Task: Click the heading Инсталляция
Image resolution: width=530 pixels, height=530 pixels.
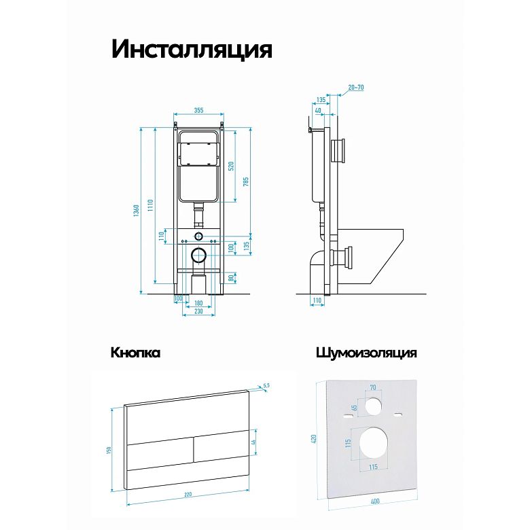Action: point(192,50)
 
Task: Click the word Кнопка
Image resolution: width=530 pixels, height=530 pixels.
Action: point(135,353)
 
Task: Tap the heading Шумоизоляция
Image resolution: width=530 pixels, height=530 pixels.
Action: point(366,353)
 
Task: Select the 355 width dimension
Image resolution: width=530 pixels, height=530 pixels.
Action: point(198,110)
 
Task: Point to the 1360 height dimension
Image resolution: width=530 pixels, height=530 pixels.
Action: point(136,211)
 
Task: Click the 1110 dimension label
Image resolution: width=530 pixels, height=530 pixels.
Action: point(150,205)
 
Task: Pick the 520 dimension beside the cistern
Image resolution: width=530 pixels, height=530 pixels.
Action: point(231,166)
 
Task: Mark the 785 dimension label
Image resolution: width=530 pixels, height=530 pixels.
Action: point(246,181)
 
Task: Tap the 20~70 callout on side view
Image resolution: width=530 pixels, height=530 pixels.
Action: point(356,88)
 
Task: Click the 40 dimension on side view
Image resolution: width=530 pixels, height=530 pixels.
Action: point(318,111)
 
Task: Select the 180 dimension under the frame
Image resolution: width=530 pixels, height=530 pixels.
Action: point(198,303)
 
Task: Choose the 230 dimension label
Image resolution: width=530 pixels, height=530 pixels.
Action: point(198,311)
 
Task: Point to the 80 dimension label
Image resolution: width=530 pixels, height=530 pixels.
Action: point(231,278)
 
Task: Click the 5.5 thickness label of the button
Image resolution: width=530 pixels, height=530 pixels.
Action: point(266,385)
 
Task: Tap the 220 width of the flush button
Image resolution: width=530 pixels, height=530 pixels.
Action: point(188,495)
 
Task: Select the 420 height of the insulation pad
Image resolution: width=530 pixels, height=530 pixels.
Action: point(313,439)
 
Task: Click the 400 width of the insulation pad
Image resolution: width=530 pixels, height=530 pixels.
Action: point(375,501)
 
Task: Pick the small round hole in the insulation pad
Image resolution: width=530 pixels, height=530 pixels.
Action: point(373,406)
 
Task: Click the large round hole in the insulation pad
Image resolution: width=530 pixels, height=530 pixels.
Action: point(374,442)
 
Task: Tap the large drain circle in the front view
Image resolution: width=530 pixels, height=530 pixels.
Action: point(198,255)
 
